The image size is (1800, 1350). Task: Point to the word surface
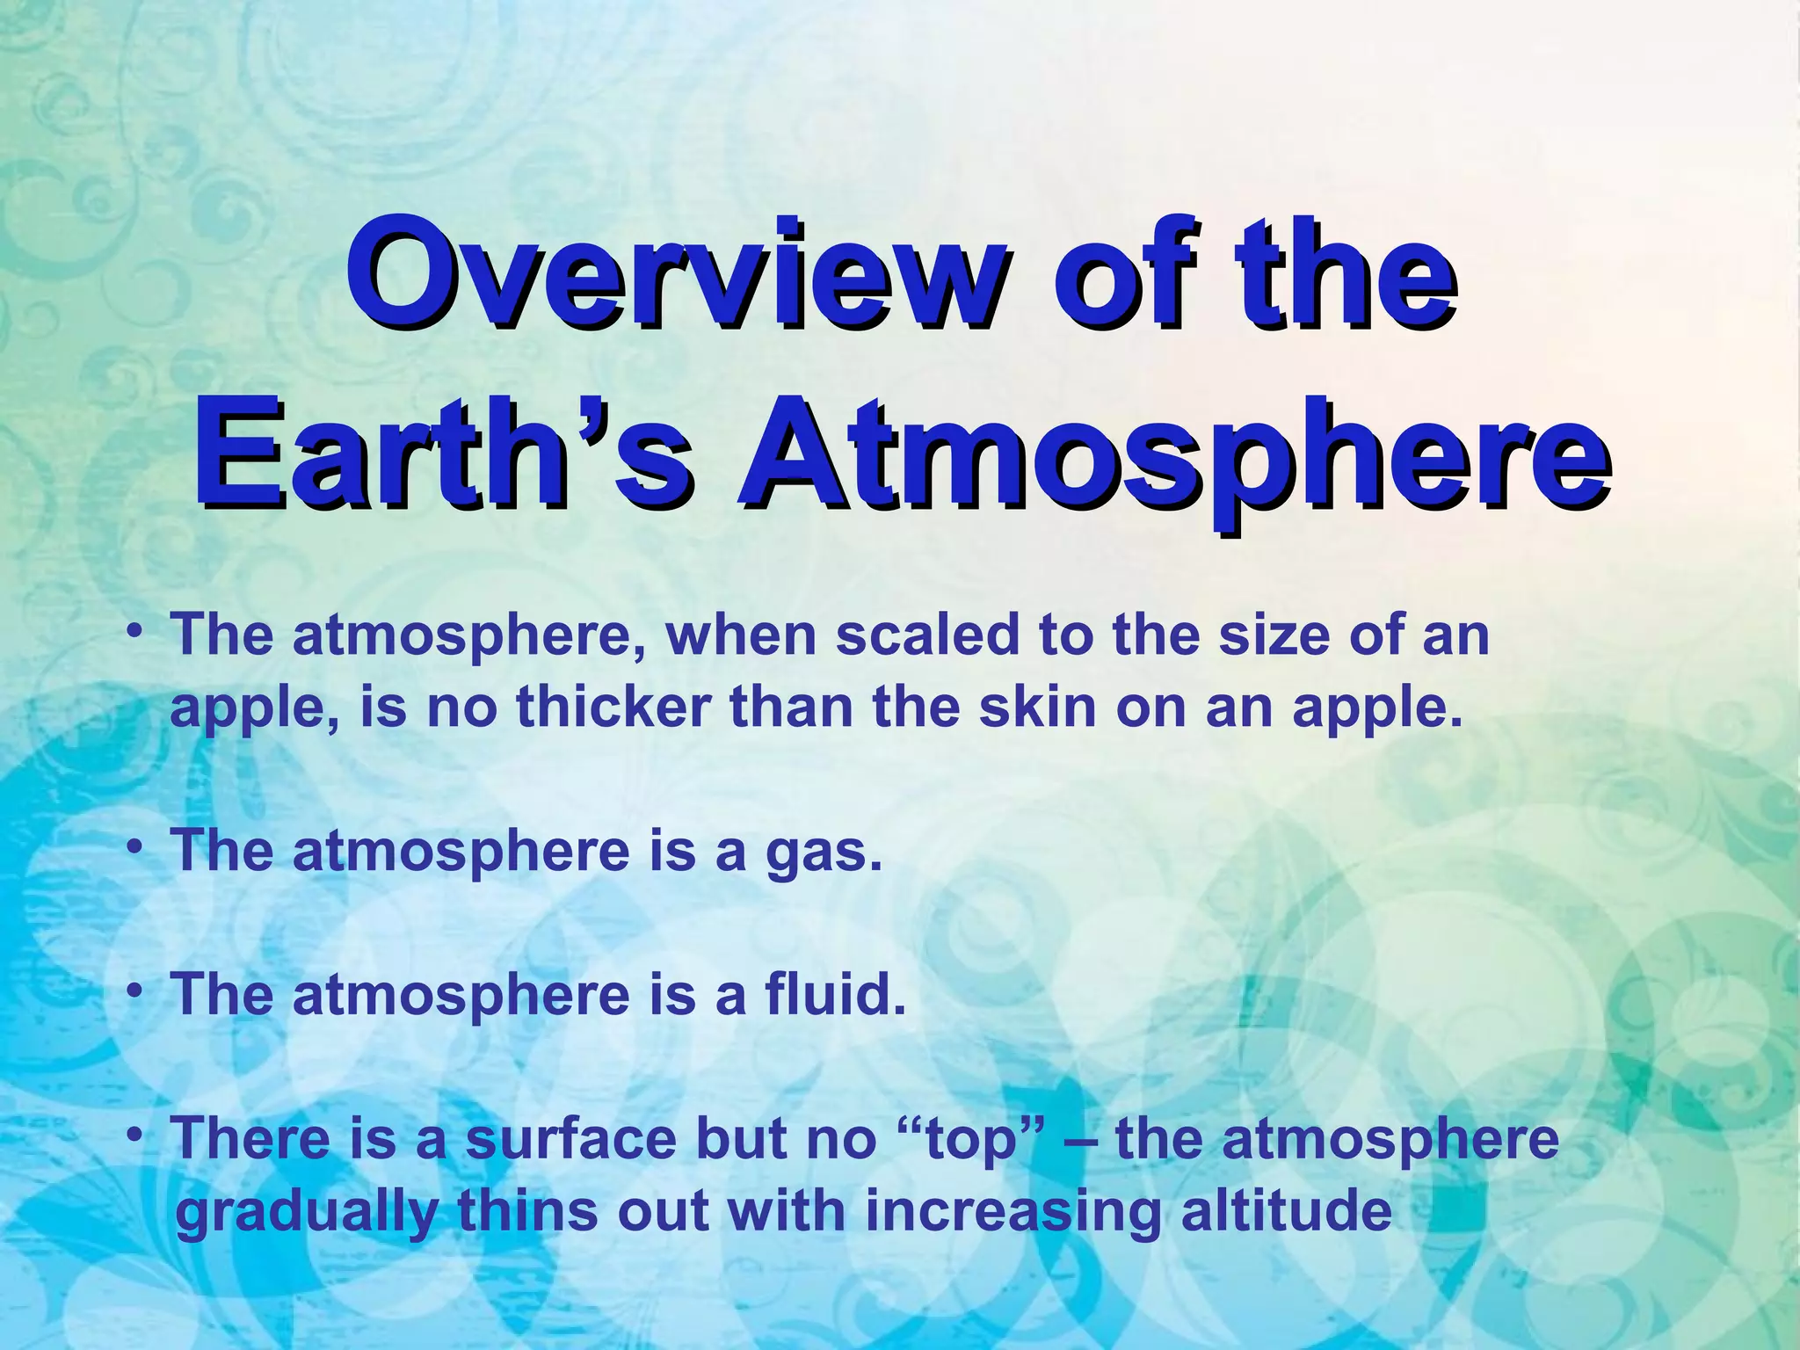click(x=571, y=1139)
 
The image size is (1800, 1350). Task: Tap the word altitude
click(x=1287, y=1211)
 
